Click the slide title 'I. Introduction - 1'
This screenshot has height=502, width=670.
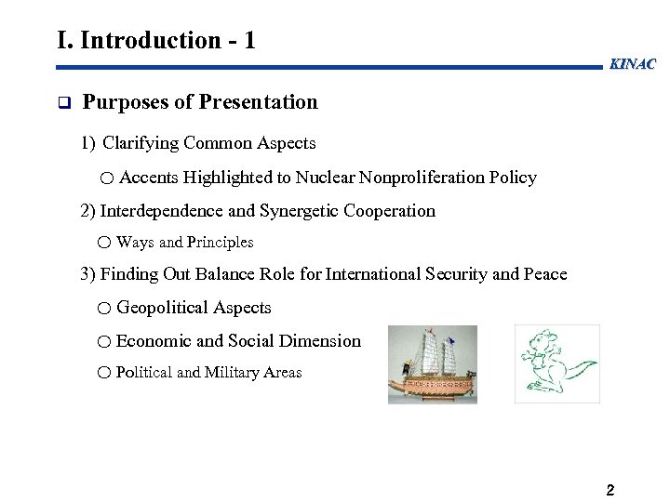pos(155,40)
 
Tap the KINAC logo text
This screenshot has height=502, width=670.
pos(633,64)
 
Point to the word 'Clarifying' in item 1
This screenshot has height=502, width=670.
pos(141,143)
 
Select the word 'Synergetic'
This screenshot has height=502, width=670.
pos(297,211)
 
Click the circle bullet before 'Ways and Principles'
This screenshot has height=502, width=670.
pos(103,243)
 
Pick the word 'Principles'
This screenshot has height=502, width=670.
pos(220,243)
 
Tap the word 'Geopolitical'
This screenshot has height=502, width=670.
pos(163,308)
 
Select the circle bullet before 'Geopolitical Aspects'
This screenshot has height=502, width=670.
pos(104,309)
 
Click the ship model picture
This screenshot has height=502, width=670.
pos(432,363)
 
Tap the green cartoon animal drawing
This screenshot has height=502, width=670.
pos(556,363)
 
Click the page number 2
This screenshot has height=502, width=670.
pos(610,490)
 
